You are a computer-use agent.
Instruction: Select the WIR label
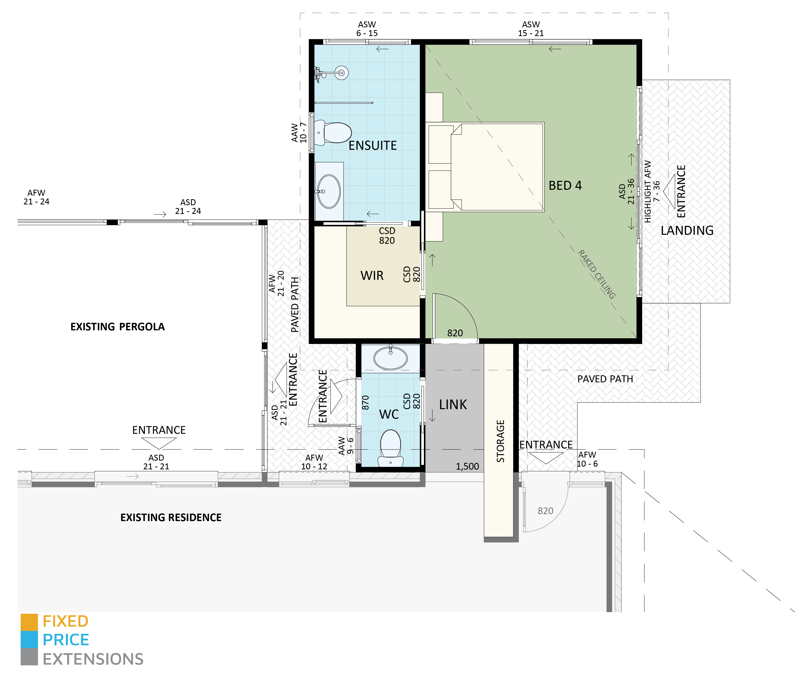pos(372,276)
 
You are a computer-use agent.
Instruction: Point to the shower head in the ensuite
pos(342,72)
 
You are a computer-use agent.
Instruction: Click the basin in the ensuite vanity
pos(329,192)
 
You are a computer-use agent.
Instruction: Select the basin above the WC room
pos(391,358)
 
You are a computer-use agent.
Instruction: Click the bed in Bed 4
pos(496,167)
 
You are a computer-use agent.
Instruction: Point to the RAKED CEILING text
pos(596,274)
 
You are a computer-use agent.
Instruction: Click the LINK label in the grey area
pos(453,405)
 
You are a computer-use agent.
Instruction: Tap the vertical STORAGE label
pos(500,441)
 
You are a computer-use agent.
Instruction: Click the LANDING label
pos(687,231)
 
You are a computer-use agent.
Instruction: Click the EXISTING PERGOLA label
pos(117,327)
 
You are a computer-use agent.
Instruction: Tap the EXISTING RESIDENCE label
pos(171,517)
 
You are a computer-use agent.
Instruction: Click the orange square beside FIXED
pos(29,622)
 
